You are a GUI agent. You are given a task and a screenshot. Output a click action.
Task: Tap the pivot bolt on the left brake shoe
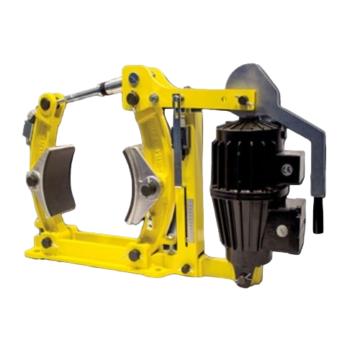[32, 178]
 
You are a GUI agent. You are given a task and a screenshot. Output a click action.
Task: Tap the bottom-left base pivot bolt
[46, 243]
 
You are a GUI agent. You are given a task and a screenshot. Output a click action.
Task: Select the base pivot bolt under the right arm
[135, 253]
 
